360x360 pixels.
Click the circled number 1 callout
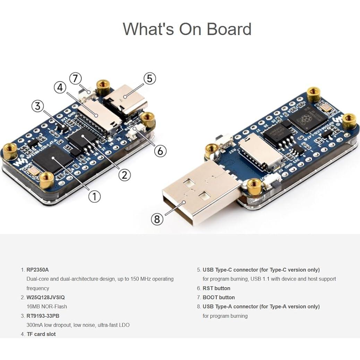tap(94, 196)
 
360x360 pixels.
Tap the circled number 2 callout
tap(125, 174)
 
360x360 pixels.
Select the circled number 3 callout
tap(38, 106)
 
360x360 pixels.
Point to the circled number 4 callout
tap(60, 88)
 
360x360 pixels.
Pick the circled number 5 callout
tap(149, 79)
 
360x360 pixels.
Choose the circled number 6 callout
tap(160, 151)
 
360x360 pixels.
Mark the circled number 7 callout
tap(75, 78)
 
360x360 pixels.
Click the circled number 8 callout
tap(157, 219)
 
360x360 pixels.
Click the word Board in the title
tap(229, 29)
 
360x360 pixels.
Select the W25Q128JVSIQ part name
tap(45, 297)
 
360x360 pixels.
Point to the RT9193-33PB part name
tap(43, 316)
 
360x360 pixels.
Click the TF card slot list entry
tap(41, 334)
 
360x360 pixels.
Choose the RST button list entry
tap(216, 288)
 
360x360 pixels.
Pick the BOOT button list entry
tap(218, 297)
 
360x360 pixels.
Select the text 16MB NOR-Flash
tap(47, 307)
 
